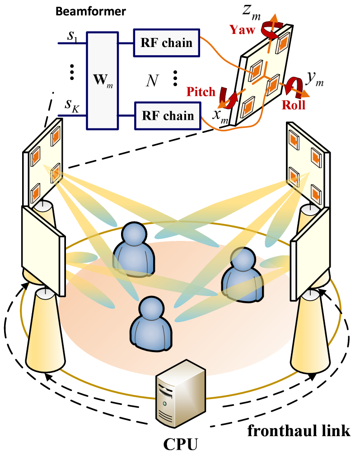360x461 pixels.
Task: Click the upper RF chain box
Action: [166, 43]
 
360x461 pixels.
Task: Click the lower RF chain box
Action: [168, 115]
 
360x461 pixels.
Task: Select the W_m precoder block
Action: [103, 80]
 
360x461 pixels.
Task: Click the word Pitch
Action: [201, 92]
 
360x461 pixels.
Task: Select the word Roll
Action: [293, 105]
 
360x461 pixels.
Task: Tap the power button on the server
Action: [165, 403]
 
